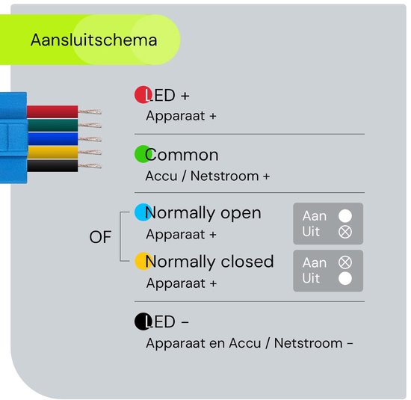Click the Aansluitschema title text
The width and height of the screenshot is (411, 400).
(94, 40)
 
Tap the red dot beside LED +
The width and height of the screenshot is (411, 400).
(143, 95)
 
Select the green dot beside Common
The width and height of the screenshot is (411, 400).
(143, 154)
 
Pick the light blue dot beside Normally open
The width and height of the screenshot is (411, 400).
(143, 212)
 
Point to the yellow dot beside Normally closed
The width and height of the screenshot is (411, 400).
(143, 261)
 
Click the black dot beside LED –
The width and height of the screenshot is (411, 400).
(143, 321)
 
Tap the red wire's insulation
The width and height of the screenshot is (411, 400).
(52, 111)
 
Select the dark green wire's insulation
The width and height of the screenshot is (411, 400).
(53, 126)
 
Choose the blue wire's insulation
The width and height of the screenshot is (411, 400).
(53, 139)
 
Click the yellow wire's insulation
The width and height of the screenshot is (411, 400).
(52, 153)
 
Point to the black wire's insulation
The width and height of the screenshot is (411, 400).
(52, 166)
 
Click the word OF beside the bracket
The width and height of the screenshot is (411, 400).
(100, 237)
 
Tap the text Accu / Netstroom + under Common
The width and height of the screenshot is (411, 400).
(208, 176)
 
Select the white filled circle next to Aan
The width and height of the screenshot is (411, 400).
(345, 216)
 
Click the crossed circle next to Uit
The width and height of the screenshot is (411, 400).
(345, 232)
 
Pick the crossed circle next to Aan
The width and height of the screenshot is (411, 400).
(345, 262)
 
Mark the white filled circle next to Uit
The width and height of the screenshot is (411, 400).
(345, 278)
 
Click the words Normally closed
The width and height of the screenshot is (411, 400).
(209, 262)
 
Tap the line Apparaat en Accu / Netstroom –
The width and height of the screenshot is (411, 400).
(250, 343)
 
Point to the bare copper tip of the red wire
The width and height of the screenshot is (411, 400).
(90, 112)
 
